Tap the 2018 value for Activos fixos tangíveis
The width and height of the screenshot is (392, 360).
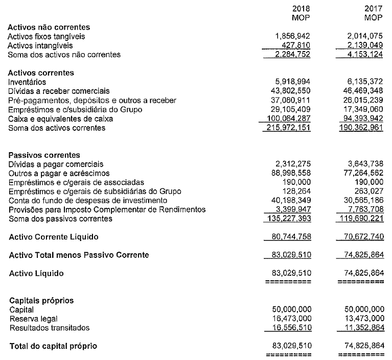[x=292, y=36]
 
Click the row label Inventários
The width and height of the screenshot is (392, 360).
[x=27, y=82]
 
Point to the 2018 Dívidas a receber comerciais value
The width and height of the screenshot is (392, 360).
[x=289, y=91]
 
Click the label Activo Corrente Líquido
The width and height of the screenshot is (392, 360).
[x=54, y=237]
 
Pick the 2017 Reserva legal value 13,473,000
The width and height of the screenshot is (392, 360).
[x=363, y=319]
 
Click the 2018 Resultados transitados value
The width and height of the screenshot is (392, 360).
[x=289, y=328]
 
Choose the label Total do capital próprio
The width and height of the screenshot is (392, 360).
[x=53, y=346]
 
